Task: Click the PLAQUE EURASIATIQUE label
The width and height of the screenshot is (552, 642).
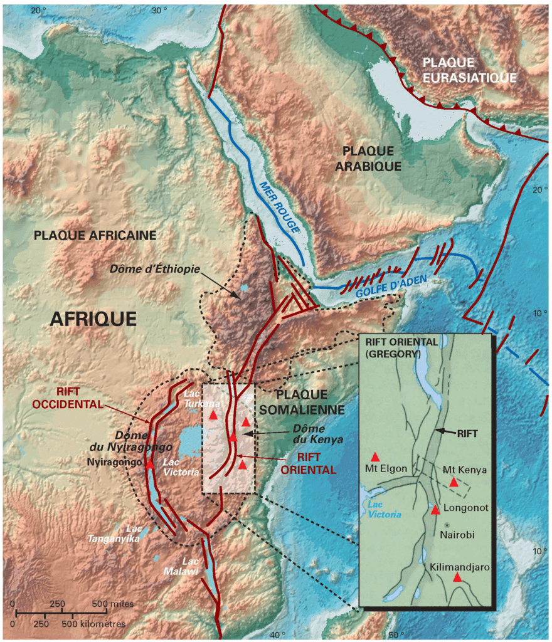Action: [469, 70]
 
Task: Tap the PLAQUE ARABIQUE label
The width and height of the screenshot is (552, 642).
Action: [368, 159]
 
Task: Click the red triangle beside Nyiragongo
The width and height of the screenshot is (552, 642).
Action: [149, 464]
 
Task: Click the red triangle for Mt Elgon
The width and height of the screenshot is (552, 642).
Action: [375, 456]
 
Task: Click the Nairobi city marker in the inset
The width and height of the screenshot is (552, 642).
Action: [447, 524]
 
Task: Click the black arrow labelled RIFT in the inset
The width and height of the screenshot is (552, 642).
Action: [447, 431]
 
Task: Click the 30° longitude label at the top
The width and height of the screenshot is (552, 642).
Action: [159, 9]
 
